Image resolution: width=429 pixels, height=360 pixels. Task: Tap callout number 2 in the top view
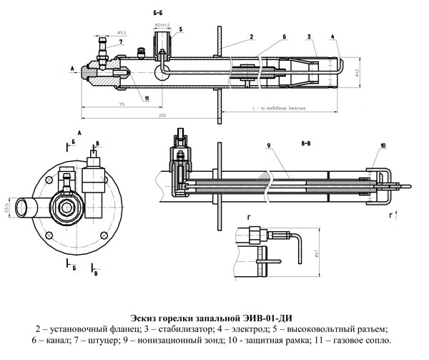(x=252, y=34)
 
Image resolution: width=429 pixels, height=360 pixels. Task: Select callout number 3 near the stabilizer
(x=308, y=35)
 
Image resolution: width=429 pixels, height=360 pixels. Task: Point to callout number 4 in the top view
(x=334, y=35)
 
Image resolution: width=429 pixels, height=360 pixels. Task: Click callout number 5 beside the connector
(x=181, y=29)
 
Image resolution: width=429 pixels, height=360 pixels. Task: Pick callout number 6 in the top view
(x=284, y=35)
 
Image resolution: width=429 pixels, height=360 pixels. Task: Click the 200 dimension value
(x=162, y=115)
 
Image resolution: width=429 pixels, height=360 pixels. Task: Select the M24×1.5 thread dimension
(x=162, y=24)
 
